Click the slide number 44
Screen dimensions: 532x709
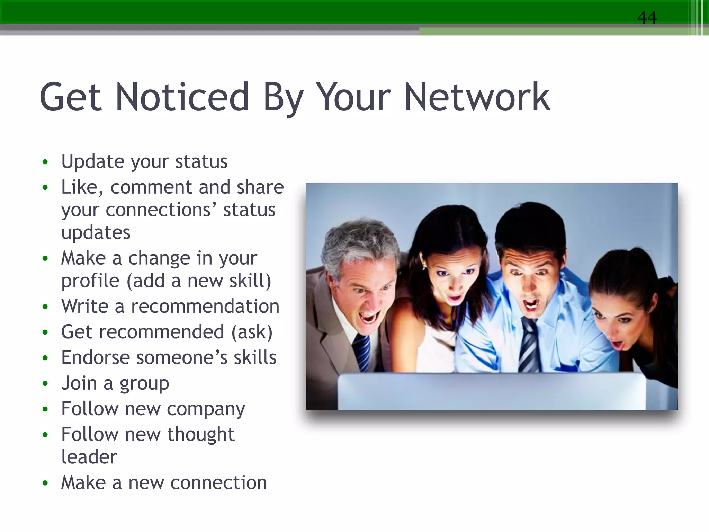coord(647,17)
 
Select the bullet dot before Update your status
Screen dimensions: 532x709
coord(45,162)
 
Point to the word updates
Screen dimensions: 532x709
coord(96,232)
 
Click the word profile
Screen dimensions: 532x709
coord(90,281)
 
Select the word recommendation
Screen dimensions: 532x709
coord(205,307)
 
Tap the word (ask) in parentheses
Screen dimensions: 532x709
coord(252,332)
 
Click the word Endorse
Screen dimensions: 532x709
coord(96,358)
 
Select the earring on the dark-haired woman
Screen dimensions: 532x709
coord(423,266)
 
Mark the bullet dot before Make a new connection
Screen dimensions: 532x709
coord(45,484)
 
